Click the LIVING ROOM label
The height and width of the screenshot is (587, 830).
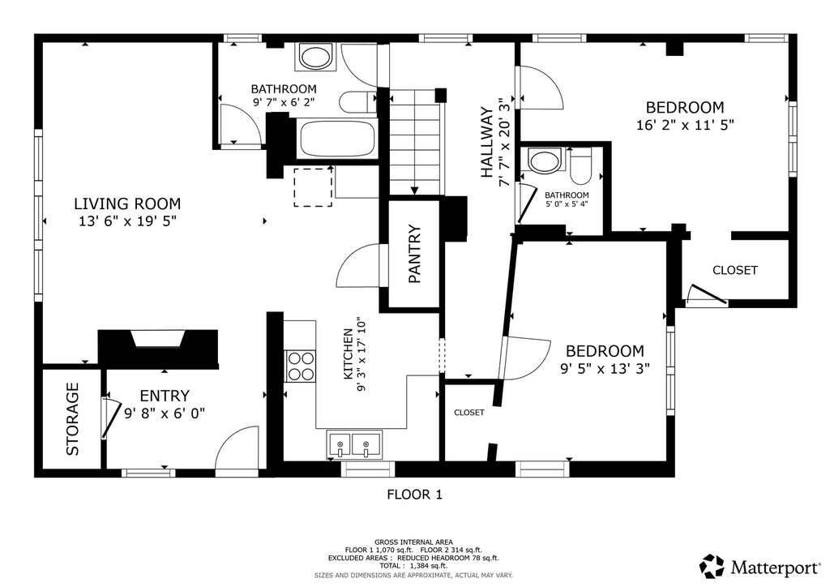click(127, 204)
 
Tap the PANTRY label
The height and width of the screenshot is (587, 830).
click(414, 254)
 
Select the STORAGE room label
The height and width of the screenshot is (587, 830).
click(72, 419)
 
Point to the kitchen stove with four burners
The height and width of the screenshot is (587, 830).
click(301, 366)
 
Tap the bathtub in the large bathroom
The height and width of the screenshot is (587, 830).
click(338, 139)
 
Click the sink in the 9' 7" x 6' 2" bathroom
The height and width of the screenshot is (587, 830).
click(315, 57)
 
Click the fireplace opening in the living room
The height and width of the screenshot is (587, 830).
click(158, 339)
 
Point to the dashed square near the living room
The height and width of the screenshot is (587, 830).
click(313, 186)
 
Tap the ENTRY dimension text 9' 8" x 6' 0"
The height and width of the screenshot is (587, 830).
click(165, 413)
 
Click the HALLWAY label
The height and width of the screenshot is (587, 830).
click(486, 143)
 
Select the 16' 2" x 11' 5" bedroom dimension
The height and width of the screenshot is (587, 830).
click(685, 125)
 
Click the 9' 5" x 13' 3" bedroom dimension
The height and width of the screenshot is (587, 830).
click(605, 368)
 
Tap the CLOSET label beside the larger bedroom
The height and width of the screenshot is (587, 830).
click(734, 270)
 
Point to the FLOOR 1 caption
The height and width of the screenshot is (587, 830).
click(414, 495)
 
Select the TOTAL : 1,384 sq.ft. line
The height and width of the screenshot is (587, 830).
click(413, 565)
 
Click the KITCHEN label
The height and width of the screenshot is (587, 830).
click(349, 353)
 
